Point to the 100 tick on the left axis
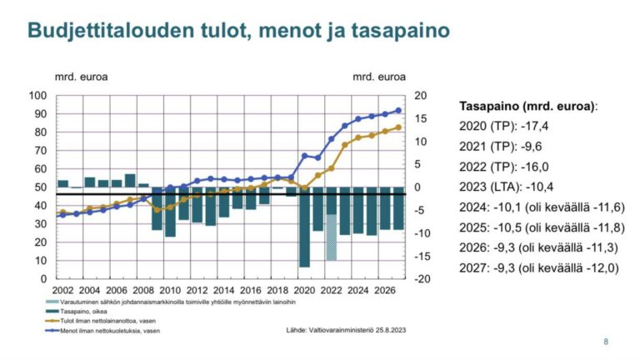pyautogui.click(x=38, y=95)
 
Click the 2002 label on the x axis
pyautogui.click(x=63, y=290)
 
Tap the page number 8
pyautogui.click(x=606, y=342)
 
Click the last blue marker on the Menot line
pyautogui.click(x=398, y=110)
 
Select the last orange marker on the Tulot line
pyautogui.click(x=398, y=127)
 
